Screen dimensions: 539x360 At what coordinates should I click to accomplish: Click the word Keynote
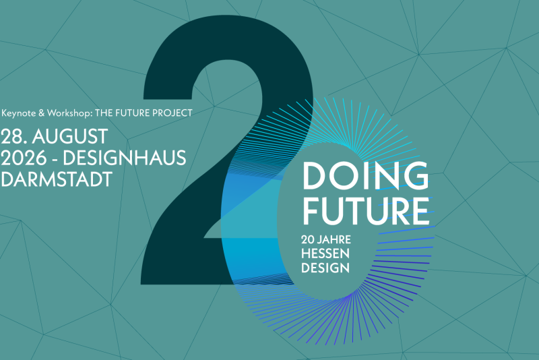tap(19, 113)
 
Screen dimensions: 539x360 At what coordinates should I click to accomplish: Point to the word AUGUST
tap(70, 136)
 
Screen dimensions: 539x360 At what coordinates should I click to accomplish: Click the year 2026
tap(24, 158)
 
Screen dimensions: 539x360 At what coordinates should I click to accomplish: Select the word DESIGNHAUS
tap(125, 158)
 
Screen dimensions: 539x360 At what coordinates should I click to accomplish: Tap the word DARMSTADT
tap(57, 179)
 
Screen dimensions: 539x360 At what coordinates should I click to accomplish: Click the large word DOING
tap(366, 176)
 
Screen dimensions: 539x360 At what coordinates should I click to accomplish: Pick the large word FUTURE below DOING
tap(366, 210)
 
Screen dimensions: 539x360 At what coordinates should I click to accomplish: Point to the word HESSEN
tap(325, 253)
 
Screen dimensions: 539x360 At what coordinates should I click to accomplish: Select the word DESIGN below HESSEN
tap(325, 268)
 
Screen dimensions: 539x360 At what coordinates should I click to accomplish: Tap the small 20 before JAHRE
tap(308, 239)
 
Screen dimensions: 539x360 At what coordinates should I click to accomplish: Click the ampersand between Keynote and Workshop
tap(42, 113)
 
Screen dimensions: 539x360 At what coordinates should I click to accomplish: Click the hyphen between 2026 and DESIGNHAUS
tap(55, 159)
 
